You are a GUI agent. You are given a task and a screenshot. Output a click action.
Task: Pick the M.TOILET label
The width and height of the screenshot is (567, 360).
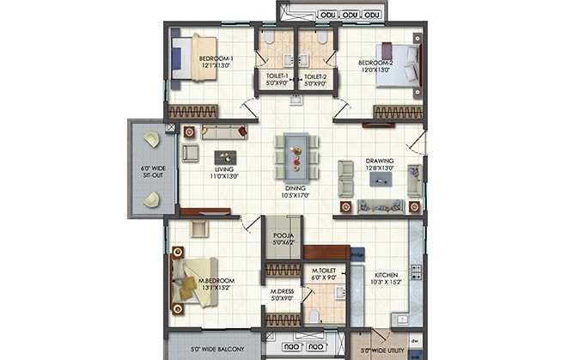click(x=324, y=274)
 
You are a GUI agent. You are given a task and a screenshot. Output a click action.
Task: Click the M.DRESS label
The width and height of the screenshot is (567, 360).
click(x=282, y=294)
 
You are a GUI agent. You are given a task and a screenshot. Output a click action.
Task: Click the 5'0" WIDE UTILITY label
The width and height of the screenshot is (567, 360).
click(x=380, y=351)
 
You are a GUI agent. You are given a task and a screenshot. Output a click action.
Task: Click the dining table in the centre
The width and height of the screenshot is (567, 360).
click(x=295, y=156)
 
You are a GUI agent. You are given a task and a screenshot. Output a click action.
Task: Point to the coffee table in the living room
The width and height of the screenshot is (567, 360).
click(x=225, y=156)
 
